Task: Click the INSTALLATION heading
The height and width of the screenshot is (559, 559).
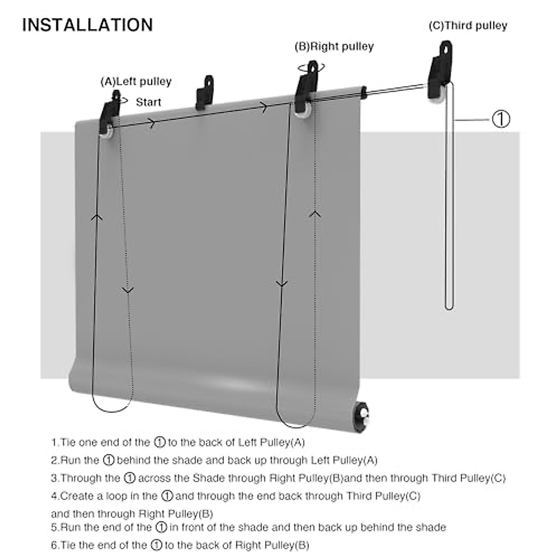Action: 88,25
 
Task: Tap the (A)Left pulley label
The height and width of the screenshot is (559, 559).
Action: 136,82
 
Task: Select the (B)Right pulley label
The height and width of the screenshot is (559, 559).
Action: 334,47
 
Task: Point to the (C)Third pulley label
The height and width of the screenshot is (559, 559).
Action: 468,26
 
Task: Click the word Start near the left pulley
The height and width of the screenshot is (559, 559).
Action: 149,102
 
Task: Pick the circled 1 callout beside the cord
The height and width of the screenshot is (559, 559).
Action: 501,119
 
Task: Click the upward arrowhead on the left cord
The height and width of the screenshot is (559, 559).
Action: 97,217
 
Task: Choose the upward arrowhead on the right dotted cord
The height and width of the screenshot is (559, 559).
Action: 316,214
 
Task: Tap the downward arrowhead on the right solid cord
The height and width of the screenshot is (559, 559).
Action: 281,283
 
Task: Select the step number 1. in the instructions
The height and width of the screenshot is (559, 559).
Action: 55,442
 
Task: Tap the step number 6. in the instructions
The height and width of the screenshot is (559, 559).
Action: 55,545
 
